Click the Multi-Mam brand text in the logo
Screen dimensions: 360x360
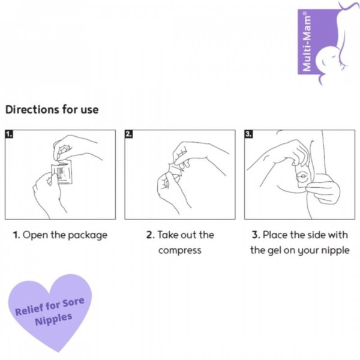coord(307,41)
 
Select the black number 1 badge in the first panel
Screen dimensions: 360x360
coord(9,134)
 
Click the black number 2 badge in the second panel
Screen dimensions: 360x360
coord(129,134)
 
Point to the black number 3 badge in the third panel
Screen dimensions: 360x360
coord(248,134)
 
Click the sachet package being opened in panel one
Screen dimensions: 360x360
coord(62,172)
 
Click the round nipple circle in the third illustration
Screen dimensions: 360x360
coord(302,177)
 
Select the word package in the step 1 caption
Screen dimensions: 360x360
coord(88,236)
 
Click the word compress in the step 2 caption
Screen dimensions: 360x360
coord(180,251)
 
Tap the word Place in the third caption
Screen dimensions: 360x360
coord(275,235)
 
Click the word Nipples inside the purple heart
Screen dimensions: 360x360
coord(54,319)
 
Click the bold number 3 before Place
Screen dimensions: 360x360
coord(256,235)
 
